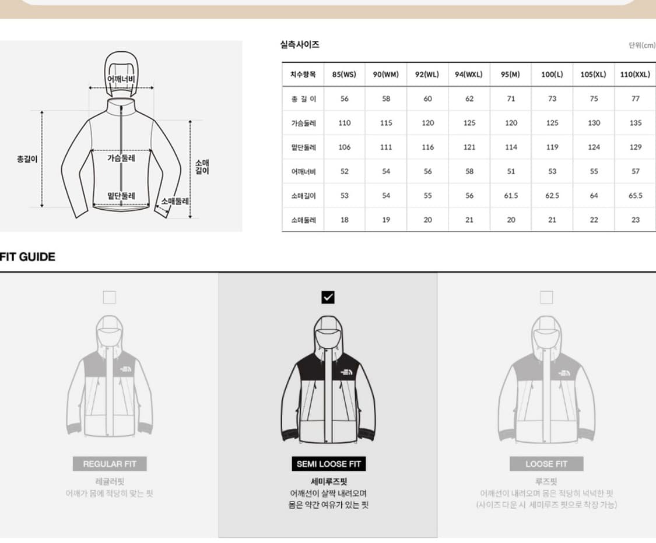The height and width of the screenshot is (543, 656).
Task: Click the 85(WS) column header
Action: pyautogui.click(x=344, y=75)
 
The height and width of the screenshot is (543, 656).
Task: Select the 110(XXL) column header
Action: pyautogui.click(x=635, y=75)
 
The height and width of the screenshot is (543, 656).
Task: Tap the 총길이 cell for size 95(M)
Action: pyautogui.click(x=511, y=99)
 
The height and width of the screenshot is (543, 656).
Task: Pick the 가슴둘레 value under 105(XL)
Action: pyautogui.click(x=594, y=123)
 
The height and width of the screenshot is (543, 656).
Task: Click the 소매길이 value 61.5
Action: pyautogui.click(x=511, y=196)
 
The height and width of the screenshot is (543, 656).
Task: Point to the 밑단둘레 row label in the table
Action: pyautogui.click(x=303, y=147)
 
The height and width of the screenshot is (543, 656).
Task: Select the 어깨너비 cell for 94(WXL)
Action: pyautogui.click(x=469, y=171)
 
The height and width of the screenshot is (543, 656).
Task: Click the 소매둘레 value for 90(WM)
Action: pyautogui.click(x=386, y=220)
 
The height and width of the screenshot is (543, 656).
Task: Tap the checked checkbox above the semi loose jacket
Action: pyautogui.click(x=328, y=298)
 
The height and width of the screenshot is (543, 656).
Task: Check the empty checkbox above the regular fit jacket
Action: pyautogui.click(x=109, y=298)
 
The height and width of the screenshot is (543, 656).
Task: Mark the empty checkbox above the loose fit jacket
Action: pyautogui.click(x=546, y=298)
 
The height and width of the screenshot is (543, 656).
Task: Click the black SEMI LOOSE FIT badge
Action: pyautogui.click(x=328, y=464)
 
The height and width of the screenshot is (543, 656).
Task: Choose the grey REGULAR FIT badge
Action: pyautogui.click(x=110, y=464)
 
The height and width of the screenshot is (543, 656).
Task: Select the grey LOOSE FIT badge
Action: pyautogui.click(x=546, y=464)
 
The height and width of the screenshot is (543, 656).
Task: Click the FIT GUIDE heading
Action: pyautogui.click(x=27, y=257)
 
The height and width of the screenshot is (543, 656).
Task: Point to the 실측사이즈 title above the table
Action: pyautogui.click(x=300, y=44)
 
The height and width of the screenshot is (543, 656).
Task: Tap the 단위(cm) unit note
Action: pyautogui.click(x=642, y=45)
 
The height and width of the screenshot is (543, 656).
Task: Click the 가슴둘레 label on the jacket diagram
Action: pyautogui.click(x=121, y=158)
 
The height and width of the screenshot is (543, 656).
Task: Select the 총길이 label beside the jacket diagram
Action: pyautogui.click(x=27, y=158)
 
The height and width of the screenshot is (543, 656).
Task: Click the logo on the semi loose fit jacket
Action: pyautogui.click(x=346, y=371)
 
